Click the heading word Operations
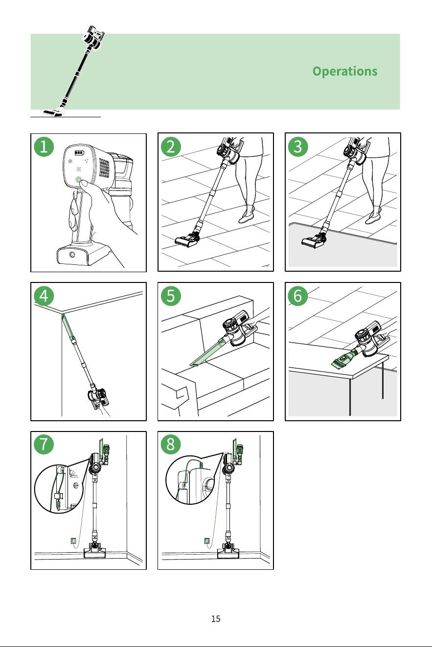(x=345, y=71)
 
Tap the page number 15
(x=216, y=619)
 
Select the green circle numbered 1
(x=44, y=147)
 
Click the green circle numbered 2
(x=171, y=147)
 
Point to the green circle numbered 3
(x=298, y=147)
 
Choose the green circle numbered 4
(x=44, y=296)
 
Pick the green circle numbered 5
(x=171, y=296)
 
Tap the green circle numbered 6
(x=298, y=296)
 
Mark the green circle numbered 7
(x=44, y=444)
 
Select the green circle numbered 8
(x=171, y=444)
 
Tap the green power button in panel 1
(x=78, y=180)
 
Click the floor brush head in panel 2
(x=187, y=239)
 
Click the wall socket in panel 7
(x=73, y=540)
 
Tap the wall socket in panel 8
(x=207, y=540)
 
